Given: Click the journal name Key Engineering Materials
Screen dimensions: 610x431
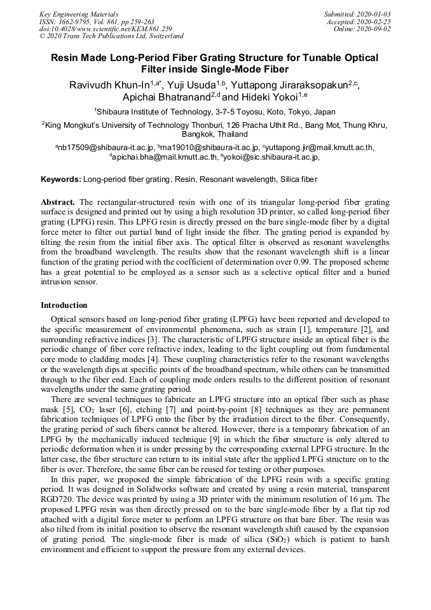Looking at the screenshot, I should (79, 14).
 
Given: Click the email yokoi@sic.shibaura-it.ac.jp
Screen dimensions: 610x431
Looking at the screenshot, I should (271, 156).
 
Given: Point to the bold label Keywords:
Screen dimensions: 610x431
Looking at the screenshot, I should (61, 180).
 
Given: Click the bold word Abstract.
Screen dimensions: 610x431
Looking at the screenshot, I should (58, 202).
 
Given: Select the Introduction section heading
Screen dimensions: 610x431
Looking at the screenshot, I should (64, 305).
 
